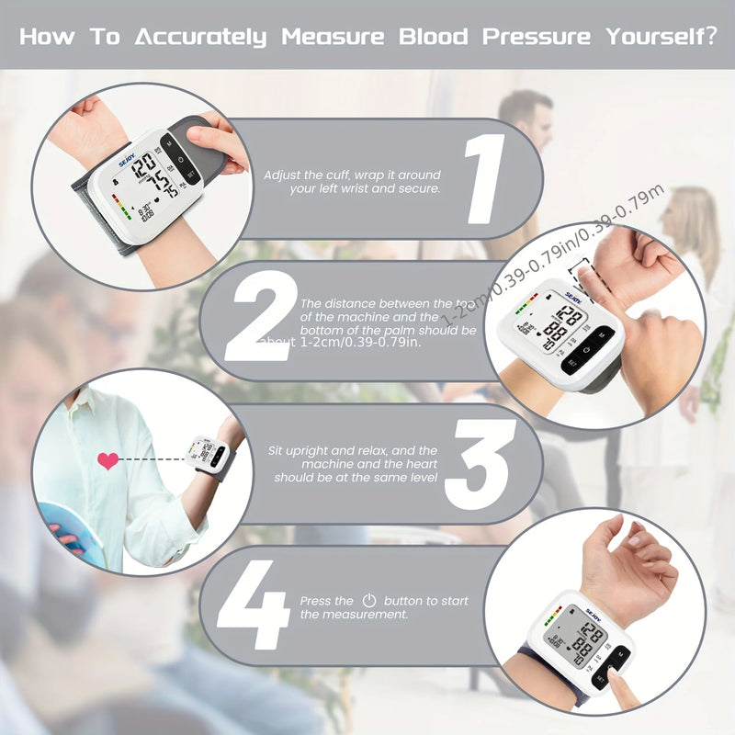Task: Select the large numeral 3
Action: point(480,464)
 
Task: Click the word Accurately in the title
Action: point(200,38)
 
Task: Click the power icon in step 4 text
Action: point(369,600)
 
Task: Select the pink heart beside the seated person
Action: point(107,460)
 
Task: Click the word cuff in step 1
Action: point(334,175)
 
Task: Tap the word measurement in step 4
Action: point(368,614)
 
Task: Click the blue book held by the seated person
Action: point(69,533)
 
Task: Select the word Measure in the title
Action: point(334,38)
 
